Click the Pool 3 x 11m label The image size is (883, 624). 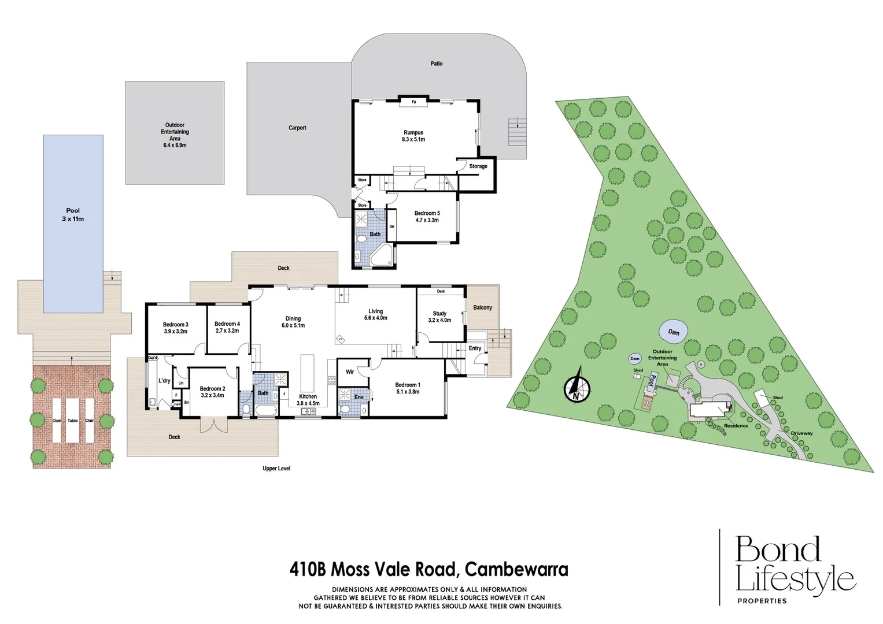(x=73, y=215)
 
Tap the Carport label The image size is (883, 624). (x=297, y=128)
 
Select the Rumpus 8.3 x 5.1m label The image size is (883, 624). (x=413, y=136)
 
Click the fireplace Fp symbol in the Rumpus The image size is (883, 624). (x=414, y=102)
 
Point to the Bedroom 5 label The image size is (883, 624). (x=427, y=217)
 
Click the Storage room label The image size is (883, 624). (x=478, y=166)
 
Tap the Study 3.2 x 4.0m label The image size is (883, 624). (x=439, y=317)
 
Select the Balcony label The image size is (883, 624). (x=482, y=307)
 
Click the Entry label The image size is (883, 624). (x=475, y=348)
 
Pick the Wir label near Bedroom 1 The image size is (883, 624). (x=350, y=372)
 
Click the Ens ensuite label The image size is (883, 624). (x=359, y=398)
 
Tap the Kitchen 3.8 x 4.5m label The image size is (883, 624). (x=308, y=400)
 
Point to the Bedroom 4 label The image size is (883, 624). (x=227, y=327)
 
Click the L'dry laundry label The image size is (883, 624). (x=164, y=381)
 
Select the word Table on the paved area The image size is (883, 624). (x=73, y=421)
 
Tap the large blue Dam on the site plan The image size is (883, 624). (x=673, y=332)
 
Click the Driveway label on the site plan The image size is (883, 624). (x=801, y=433)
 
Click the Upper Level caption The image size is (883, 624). (x=276, y=469)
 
